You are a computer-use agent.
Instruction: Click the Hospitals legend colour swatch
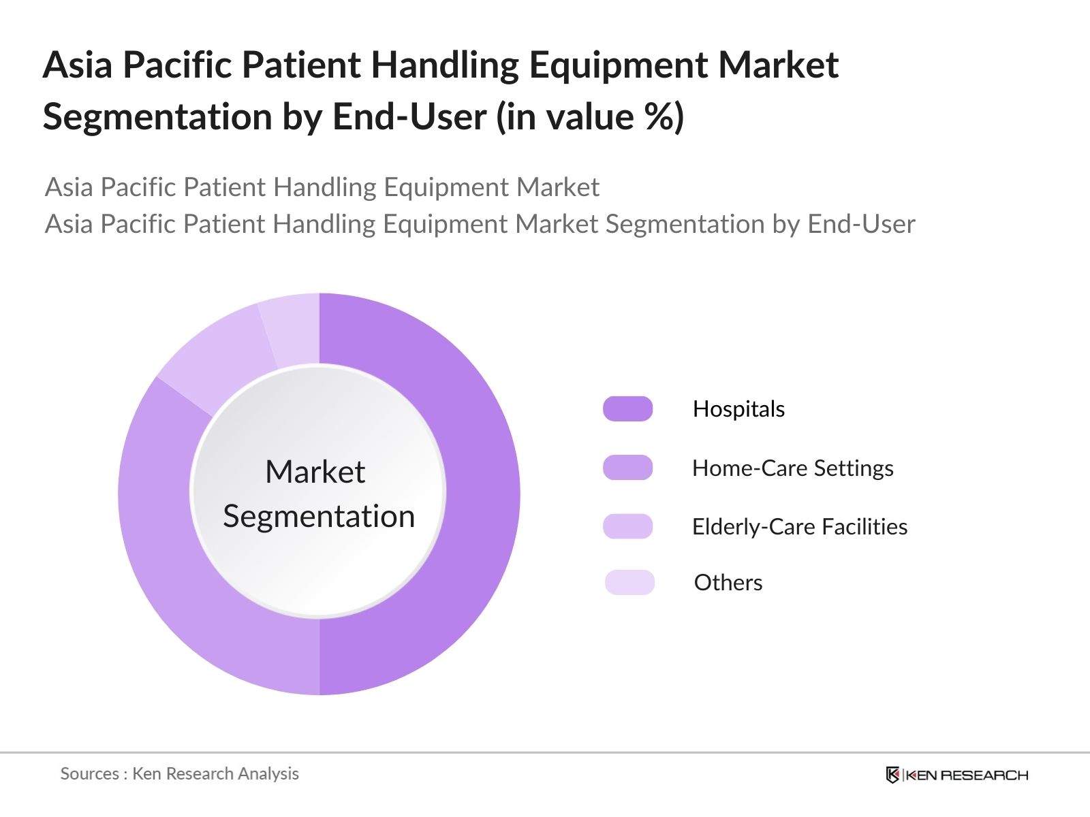[627, 408]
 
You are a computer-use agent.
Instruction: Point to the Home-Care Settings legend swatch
[627, 468]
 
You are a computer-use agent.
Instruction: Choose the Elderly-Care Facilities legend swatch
[627, 526]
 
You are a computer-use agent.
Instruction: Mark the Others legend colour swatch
[629, 583]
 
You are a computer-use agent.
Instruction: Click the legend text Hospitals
[738, 408]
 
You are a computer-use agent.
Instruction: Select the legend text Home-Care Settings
[792, 468]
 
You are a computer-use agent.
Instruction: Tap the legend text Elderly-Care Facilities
[799, 526]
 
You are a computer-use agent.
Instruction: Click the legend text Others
[728, 583]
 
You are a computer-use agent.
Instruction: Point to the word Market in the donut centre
[315, 471]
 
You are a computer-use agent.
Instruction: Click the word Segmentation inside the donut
[319, 516]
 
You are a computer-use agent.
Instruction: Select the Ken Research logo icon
[892, 775]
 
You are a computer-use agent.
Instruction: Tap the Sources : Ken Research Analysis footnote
[179, 773]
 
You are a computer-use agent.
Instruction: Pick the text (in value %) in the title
[590, 116]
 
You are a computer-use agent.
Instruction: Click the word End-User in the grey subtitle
[861, 224]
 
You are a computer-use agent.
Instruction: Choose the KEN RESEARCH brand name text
[966, 775]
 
